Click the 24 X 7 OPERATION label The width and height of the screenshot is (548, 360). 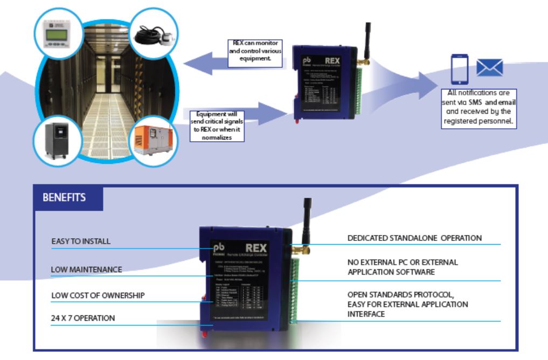(x=83, y=318)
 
